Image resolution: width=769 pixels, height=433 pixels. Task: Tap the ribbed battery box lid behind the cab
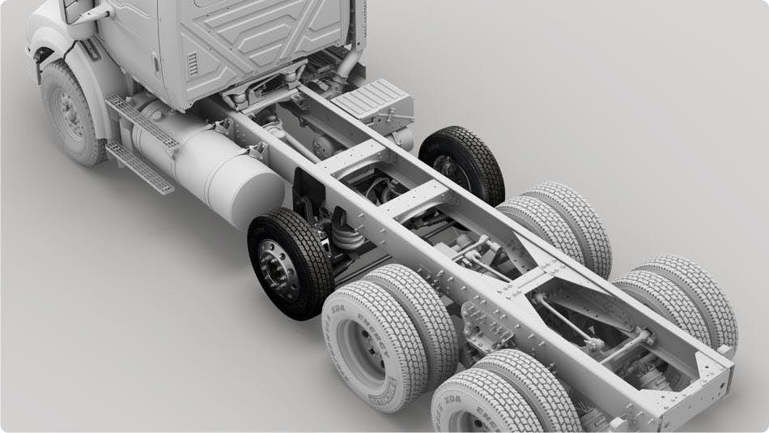point(371,101)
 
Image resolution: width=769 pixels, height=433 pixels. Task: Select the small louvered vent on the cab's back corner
point(192,64)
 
